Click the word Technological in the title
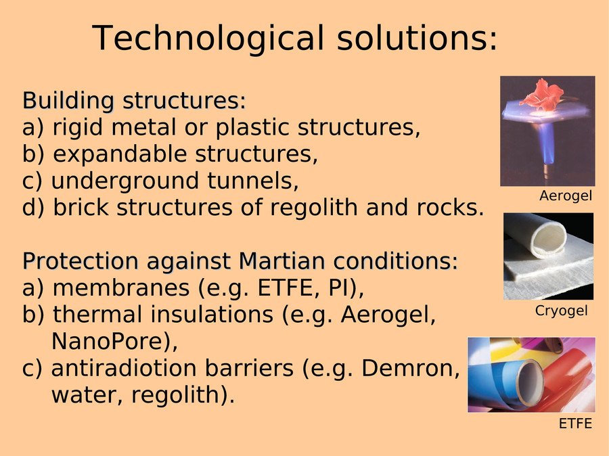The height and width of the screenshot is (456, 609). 208,38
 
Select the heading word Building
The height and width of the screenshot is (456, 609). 68,101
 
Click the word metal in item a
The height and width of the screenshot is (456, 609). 143,127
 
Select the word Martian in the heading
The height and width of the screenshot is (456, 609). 281,260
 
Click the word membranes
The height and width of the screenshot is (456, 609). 121,288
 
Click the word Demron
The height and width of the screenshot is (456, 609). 411,368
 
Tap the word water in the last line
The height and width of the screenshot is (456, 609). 88,395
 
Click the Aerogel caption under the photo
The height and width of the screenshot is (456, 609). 566,196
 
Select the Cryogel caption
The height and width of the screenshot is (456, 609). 561,311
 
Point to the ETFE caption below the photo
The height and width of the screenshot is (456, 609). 575,424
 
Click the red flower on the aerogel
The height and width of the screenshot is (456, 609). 542,95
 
